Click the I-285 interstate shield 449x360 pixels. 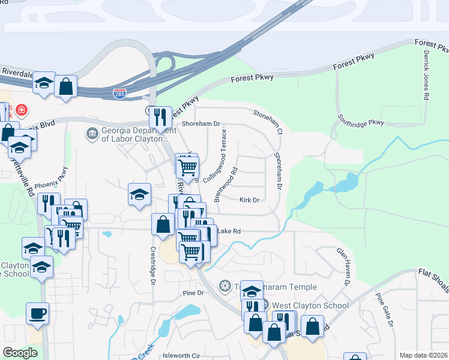pyautogui.click(x=119, y=94)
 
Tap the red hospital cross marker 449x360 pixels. pyautogui.click(x=22, y=110)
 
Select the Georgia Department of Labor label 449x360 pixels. pyautogui.click(x=135, y=135)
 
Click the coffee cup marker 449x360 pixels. pyautogui.click(x=37, y=313)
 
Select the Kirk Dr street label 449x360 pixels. pyautogui.click(x=249, y=200)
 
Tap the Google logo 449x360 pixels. pyautogui.click(x=20, y=353)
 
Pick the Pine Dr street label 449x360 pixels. pyautogui.click(x=193, y=293)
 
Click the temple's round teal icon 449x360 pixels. pyautogui.click(x=225, y=285)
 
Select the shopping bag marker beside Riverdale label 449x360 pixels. pyautogui.click(x=65, y=86)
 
